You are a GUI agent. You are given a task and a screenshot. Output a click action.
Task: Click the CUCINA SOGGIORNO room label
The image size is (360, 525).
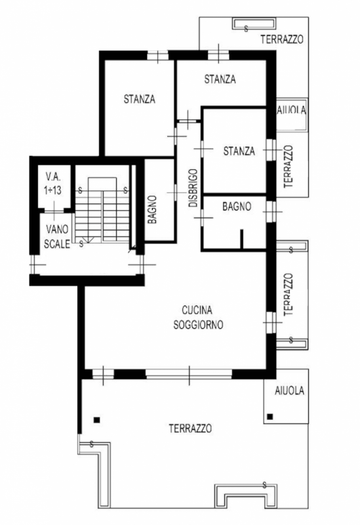[198, 318]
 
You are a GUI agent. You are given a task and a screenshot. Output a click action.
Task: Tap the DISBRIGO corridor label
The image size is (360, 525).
[193, 188]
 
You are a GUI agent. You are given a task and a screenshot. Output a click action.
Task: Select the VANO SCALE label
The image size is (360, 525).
[57, 236]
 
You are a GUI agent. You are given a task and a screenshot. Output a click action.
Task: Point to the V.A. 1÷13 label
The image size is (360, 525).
[53, 184]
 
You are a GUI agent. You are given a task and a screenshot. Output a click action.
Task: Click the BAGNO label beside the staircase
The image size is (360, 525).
[152, 210]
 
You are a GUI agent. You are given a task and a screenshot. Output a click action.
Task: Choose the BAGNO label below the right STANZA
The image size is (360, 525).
[237, 206]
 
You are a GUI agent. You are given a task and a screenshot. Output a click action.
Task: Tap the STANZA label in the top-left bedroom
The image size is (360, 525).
[140, 99]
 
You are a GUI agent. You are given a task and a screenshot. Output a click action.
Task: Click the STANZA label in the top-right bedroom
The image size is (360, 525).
[220, 79]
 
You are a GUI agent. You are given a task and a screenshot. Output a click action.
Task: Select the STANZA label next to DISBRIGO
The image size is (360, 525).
[239, 151]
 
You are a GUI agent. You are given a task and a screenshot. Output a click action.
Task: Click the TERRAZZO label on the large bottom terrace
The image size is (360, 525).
[190, 429]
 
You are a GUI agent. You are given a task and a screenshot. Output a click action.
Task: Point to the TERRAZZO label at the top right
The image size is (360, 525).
[282, 39]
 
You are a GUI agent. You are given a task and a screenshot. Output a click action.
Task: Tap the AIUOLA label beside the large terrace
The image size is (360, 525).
[289, 390]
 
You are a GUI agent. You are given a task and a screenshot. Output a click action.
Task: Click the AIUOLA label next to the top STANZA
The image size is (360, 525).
[291, 110]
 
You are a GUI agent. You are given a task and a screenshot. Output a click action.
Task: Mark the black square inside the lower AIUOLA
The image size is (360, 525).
[270, 417]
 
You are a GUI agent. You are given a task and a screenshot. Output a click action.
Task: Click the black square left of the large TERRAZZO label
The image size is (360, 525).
[96, 419]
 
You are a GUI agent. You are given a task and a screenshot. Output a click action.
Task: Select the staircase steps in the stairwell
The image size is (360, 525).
[102, 209]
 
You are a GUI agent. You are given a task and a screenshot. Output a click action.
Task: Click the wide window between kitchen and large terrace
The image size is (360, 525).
[189, 374]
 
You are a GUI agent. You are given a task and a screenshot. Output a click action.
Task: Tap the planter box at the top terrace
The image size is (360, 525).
[254, 24]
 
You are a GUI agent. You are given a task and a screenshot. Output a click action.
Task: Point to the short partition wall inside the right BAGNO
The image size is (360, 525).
[242, 238]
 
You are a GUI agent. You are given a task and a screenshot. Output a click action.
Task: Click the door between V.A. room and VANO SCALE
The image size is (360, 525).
[54, 210]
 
